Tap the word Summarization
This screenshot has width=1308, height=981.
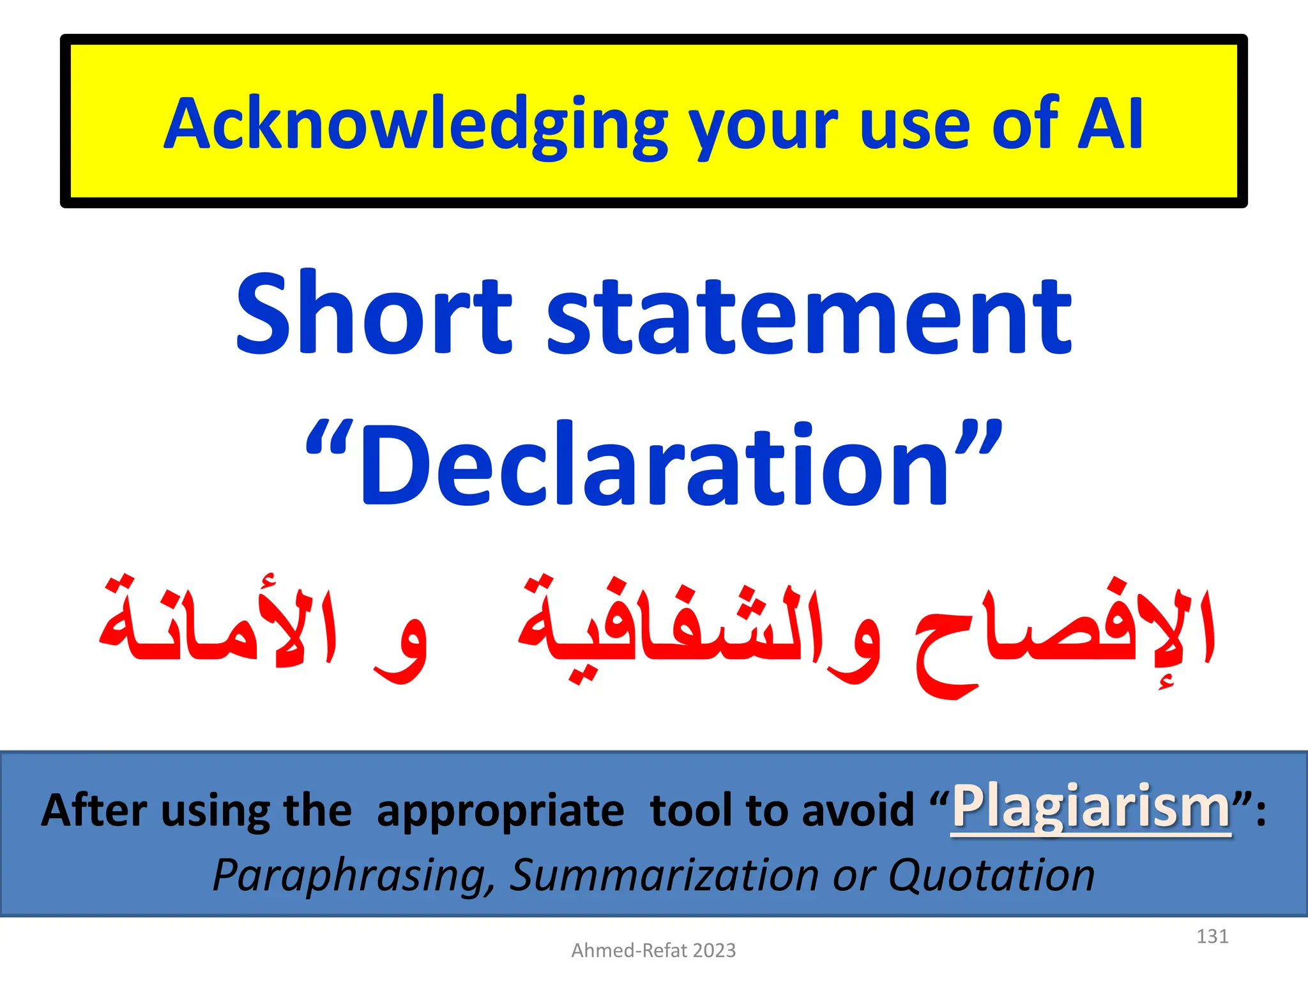tap(664, 875)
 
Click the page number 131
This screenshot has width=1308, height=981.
tap(1212, 936)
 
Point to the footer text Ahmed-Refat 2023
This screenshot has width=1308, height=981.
tap(653, 950)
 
